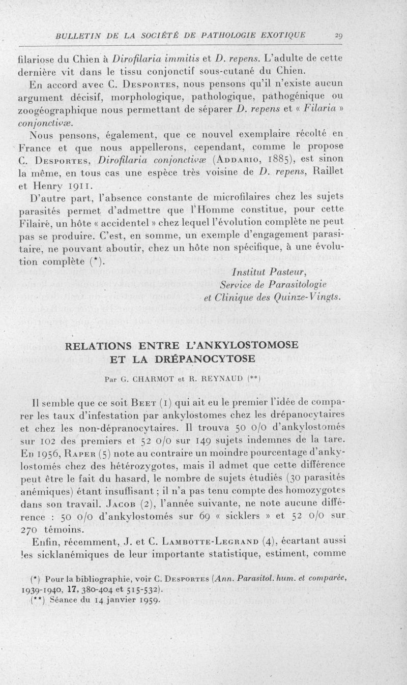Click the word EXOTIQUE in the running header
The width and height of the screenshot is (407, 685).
coord(280,35)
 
